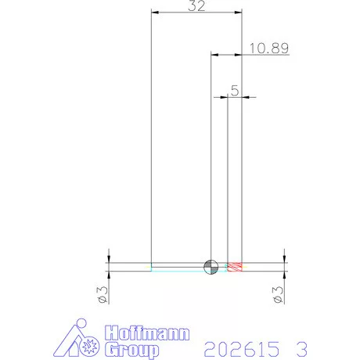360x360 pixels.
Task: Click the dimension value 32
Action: pos(196,5)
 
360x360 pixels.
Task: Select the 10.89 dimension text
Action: pos(269,49)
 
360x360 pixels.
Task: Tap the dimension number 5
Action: pos(235,91)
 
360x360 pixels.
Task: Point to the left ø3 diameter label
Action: pos(103,295)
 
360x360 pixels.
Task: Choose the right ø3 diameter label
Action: pos(278,295)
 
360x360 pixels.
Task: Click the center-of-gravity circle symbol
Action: pos(211,267)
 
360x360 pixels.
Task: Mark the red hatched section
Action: pos(235,267)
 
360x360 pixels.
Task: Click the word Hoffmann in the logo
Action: pos(147,333)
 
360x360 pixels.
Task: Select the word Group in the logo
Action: pos(132,350)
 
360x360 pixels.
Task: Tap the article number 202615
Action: pos(241,349)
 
